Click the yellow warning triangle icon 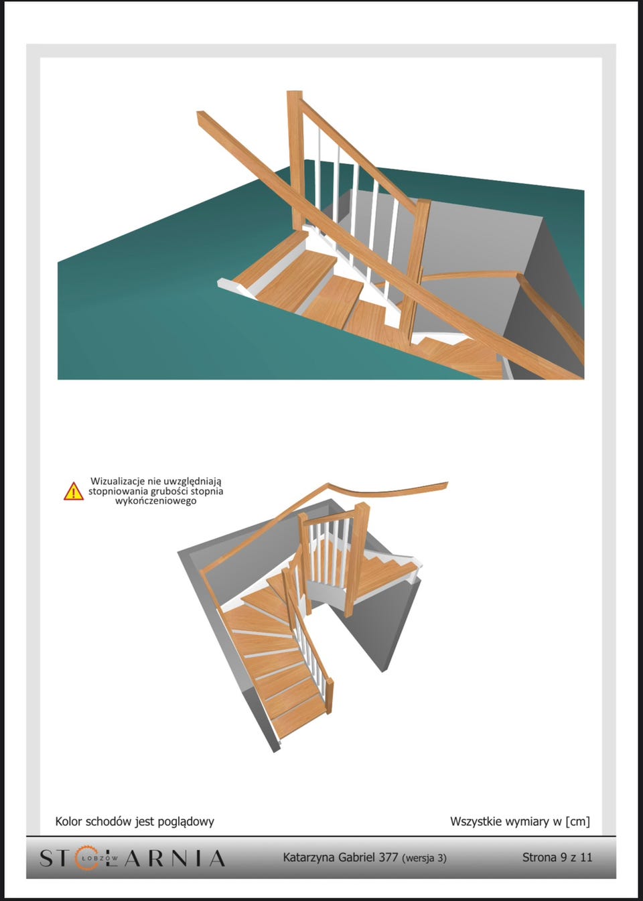coord(74,492)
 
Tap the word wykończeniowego coord(155,501)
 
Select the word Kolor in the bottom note coord(67,810)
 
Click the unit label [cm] coord(577,810)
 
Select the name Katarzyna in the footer coord(309,857)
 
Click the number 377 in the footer coord(388,857)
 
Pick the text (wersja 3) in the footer coord(424,858)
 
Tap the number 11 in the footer coord(587,857)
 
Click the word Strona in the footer coord(540,857)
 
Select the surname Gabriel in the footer coord(357,857)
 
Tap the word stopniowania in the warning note coord(119,492)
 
